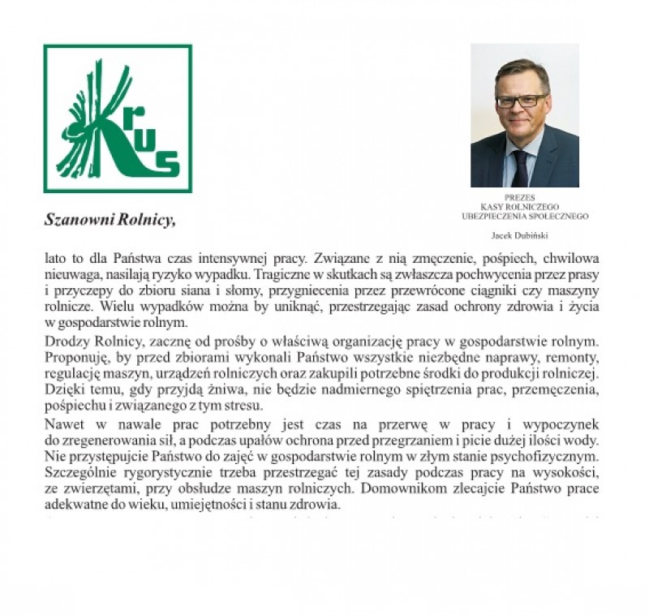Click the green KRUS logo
[x=118, y=118]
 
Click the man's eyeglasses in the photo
[x=522, y=101]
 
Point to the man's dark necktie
[x=520, y=168]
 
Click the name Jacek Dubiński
[x=524, y=236]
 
